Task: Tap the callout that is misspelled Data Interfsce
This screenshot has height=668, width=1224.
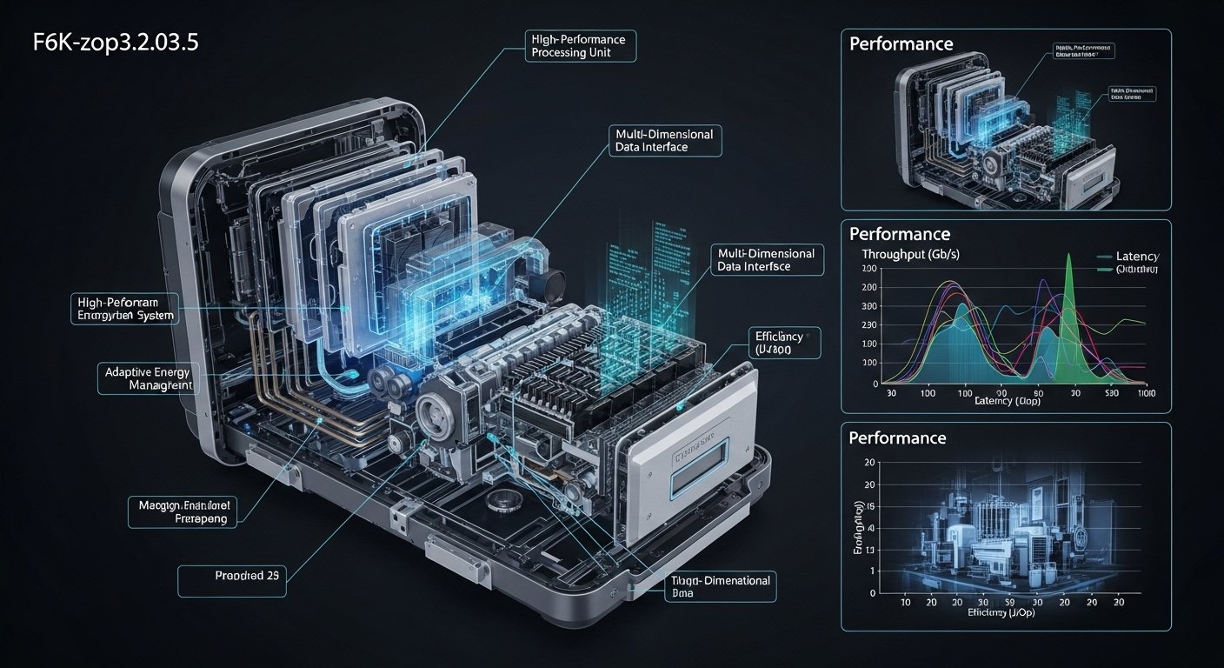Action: point(766,260)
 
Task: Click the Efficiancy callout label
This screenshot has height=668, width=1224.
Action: point(782,343)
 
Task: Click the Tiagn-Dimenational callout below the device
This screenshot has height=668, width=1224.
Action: point(709,585)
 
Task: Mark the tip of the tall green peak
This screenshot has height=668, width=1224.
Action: point(1070,256)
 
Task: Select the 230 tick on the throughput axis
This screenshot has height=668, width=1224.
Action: point(868,325)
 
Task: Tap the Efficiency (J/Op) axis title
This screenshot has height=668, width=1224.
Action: point(1002,612)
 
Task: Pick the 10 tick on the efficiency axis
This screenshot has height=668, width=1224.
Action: point(904,603)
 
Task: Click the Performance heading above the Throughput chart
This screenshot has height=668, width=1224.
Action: point(899,234)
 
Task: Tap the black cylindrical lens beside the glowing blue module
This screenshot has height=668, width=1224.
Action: point(549,283)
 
